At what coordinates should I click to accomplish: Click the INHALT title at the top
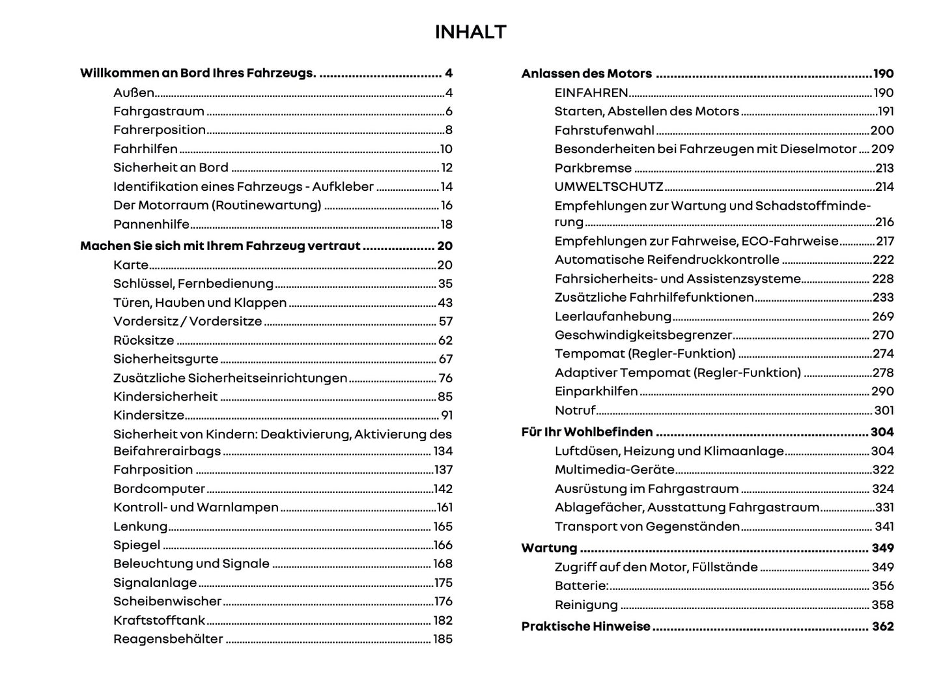[x=470, y=32]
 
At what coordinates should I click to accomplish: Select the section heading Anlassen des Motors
[x=586, y=74]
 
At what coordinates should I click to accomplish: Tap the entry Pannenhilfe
[x=151, y=224]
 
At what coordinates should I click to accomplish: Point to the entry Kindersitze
[x=148, y=415]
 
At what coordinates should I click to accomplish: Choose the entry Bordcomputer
[x=159, y=489]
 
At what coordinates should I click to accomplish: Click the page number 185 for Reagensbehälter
[x=443, y=639]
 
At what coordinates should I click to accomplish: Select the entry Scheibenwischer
[x=167, y=601]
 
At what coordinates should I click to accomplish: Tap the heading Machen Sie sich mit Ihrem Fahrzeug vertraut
[x=220, y=246]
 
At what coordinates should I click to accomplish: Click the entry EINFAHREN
[x=591, y=92]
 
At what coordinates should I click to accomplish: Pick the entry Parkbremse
[x=593, y=168]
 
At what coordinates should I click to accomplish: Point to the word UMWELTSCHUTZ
[x=609, y=187]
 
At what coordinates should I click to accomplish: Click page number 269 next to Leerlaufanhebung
[x=883, y=317]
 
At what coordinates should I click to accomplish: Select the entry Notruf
[x=575, y=410]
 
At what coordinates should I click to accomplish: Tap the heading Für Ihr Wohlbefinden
[x=587, y=432]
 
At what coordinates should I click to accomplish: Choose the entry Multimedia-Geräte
[x=614, y=470]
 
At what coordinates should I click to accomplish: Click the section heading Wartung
[x=549, y=548]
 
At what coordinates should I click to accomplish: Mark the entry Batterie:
[x=581, y=586]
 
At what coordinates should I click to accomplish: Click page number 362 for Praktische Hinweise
[x=883, y=627]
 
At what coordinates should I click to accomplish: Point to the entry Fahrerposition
[x=160, y=130]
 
